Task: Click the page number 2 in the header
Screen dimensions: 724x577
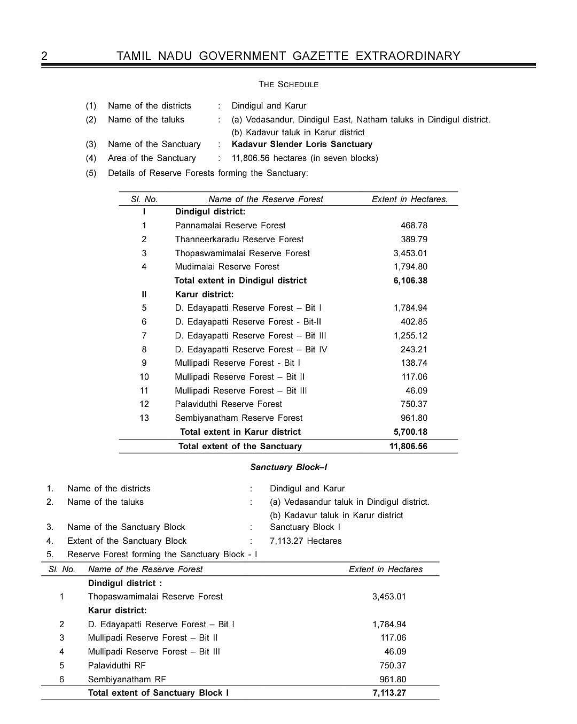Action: [44, 56]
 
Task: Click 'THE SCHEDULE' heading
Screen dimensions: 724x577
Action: [288, 84]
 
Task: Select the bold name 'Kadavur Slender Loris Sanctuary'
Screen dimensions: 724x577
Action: [302, 144]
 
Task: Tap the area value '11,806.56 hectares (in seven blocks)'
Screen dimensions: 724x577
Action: [305, 158]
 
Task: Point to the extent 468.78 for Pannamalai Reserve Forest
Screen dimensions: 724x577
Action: [414, 226]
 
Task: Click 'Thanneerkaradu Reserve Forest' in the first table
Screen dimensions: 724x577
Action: [239, 240]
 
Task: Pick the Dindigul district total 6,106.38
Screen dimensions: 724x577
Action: [410, 281]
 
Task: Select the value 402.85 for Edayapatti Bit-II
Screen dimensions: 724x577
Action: [414, 322]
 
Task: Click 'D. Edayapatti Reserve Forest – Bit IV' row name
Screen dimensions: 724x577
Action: [251, 350]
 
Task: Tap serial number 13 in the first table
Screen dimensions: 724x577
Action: [144, 418]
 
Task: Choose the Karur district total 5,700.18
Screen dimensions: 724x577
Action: [410, 432]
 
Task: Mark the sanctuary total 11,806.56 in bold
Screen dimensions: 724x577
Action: [408, 446]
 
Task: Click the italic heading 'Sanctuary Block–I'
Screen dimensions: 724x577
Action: [288, 467]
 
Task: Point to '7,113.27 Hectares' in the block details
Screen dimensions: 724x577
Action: [306, 541]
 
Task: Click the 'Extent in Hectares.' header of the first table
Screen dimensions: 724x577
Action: [410, 199]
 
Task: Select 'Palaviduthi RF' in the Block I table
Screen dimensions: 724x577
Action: [116, 666]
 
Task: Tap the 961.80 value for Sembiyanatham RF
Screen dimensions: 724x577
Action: [393, 680]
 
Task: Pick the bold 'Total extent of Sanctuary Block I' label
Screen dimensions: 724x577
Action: [158, 693]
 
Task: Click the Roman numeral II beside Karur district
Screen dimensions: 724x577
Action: [144, 295]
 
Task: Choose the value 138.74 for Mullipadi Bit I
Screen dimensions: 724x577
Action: [414, 363]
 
